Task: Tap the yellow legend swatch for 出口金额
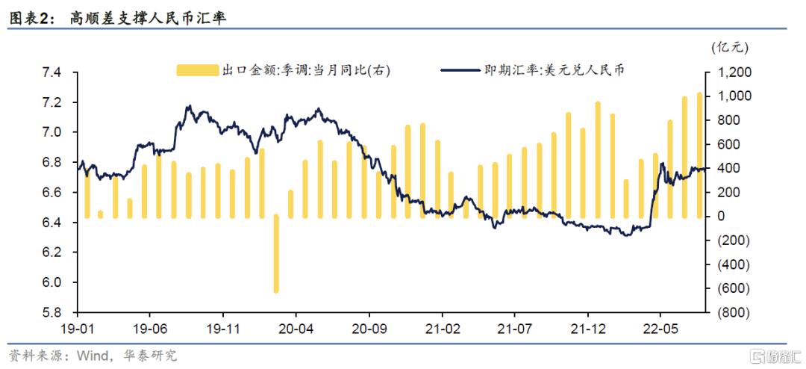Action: click(x=197, y=70)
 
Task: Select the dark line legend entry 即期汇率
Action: click(x=533, y=70)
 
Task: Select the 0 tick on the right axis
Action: click(x=721, y=217)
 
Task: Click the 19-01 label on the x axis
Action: click(x=77, y=327)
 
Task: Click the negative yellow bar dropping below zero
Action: click(x=276, y=254)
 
